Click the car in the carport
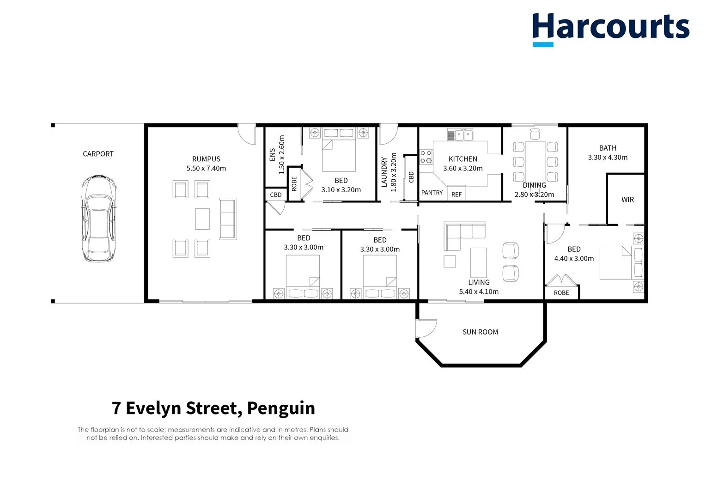click(98, 218)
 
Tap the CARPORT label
click(98, 154)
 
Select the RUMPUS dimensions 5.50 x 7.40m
click(206, 169)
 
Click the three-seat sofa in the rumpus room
click(228, 219)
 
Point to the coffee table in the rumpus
click(202, 219)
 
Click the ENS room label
click(272, 155)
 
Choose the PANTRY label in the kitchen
click(432, 193)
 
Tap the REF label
click(456, 195)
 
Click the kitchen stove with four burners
click(426, 157)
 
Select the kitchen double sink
click(460, 135)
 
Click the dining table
click(535, 162)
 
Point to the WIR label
click(627, 200)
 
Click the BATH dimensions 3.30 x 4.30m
click(608, 158)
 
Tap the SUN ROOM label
click(480, 332)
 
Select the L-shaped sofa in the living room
click(462, 233)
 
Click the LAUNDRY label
click(384, 172)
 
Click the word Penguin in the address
click(281, 408)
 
